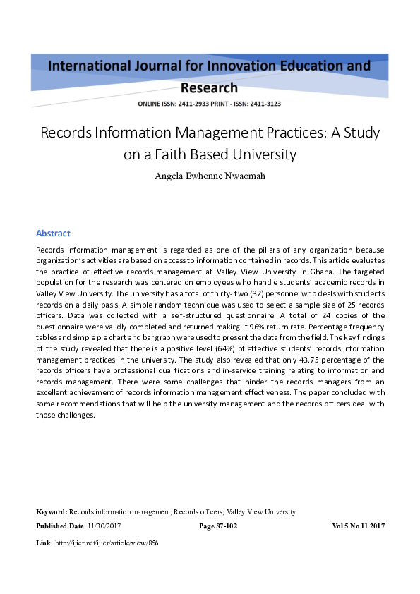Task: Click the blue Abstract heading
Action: point(53,233)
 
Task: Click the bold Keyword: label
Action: point(52,511)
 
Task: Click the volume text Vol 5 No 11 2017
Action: point(358,526)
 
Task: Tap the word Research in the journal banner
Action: point(210,87)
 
